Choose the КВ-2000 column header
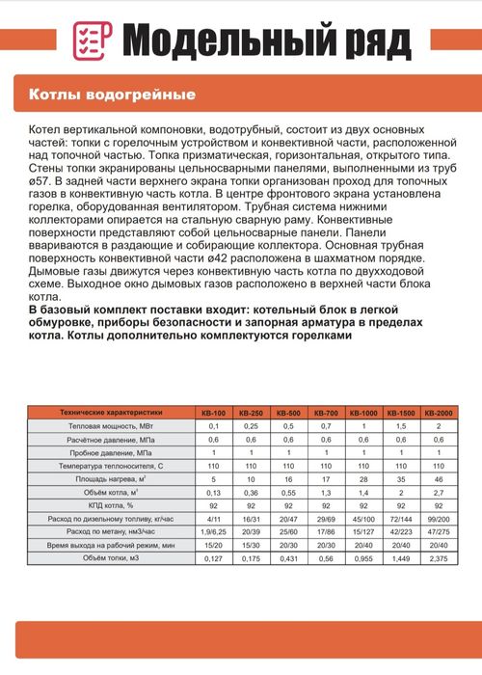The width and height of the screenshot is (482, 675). pos(439,410)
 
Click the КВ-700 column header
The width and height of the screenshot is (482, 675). pos(327,410)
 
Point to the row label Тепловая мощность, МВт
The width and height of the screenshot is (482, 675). pos(109,425)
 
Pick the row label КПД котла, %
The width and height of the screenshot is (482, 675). pos(109,504)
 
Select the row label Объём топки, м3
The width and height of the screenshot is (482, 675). pos(109,557)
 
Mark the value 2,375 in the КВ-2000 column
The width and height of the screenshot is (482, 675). pos(439,557)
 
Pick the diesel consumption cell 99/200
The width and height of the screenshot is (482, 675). pos(439,518)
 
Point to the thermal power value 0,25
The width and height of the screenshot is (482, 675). pos(252,425)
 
